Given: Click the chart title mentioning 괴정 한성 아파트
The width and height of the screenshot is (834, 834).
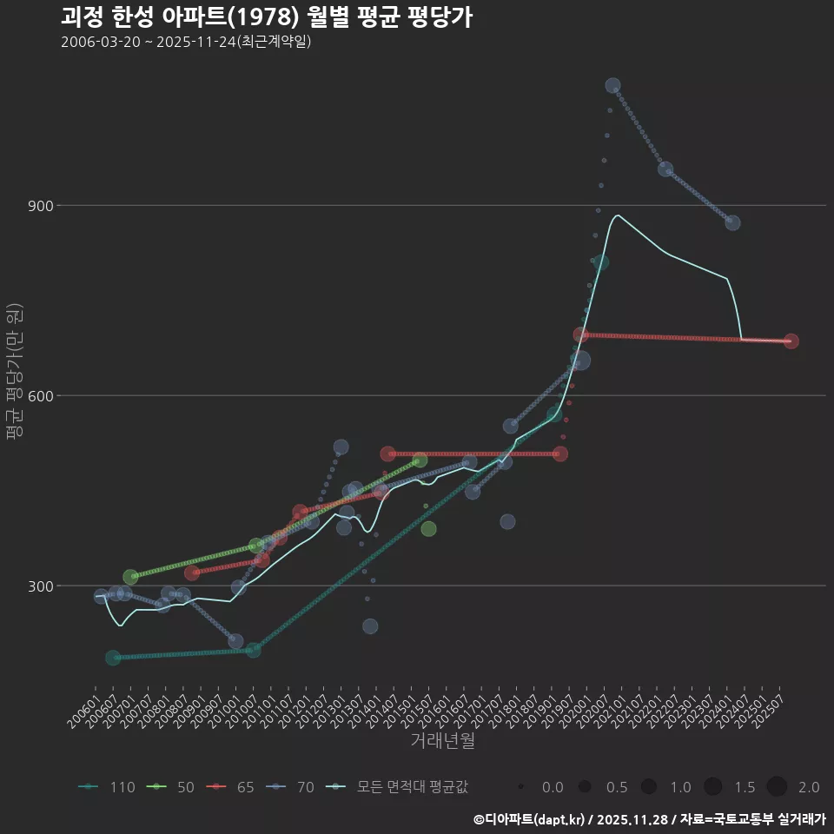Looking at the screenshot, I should [x=267, y=17].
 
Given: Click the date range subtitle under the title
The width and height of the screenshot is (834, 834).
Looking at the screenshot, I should [x=186, y=43].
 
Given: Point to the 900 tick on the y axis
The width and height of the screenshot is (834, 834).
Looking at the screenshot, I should [x=40, y=206].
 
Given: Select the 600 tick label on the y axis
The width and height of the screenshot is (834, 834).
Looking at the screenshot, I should [x=40, y=396].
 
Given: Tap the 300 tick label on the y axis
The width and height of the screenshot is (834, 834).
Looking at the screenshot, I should [x=40, y=586].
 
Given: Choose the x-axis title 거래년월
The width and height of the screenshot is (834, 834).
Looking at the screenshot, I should [x=442, y=741].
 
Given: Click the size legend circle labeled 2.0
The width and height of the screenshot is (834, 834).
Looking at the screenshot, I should [x=777, y=787].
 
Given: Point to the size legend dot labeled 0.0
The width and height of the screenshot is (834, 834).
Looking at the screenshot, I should [x=520, y=787].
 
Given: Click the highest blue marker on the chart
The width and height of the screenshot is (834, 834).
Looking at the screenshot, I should [x=612, y=85].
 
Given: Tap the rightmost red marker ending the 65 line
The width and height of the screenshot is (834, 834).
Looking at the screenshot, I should [x=791, y=341].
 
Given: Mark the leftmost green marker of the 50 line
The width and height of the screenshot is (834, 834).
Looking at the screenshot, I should [x=130, y=577].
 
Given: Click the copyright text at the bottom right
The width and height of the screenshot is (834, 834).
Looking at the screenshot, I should [x=649, y=818].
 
